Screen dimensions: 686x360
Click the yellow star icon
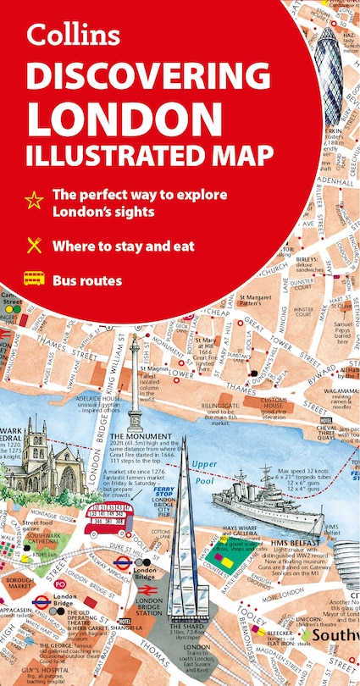[x=33, y=200]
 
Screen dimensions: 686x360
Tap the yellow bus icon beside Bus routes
[x=34, y=279]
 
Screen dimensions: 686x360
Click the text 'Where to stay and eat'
[x=124, y=246]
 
